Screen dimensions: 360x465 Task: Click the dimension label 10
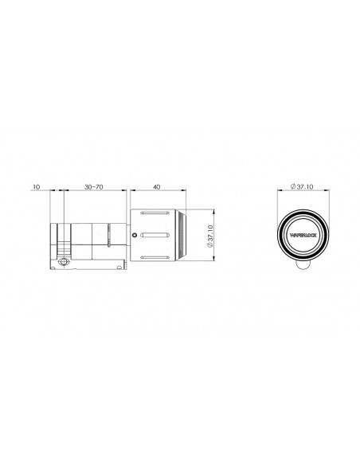point(37,187)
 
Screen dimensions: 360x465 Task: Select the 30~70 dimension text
point(94,187)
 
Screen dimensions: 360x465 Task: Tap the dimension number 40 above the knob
point(157,187)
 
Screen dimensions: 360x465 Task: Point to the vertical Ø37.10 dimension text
point(209,236)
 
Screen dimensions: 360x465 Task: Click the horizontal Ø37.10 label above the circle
point(302,186)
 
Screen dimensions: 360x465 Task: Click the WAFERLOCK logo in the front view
point(303,235)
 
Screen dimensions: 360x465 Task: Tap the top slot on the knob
point(155,213)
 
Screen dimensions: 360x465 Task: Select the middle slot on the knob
point(155,235)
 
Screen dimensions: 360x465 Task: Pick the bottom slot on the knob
point(155,257)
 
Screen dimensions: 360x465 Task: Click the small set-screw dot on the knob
point(135,235)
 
